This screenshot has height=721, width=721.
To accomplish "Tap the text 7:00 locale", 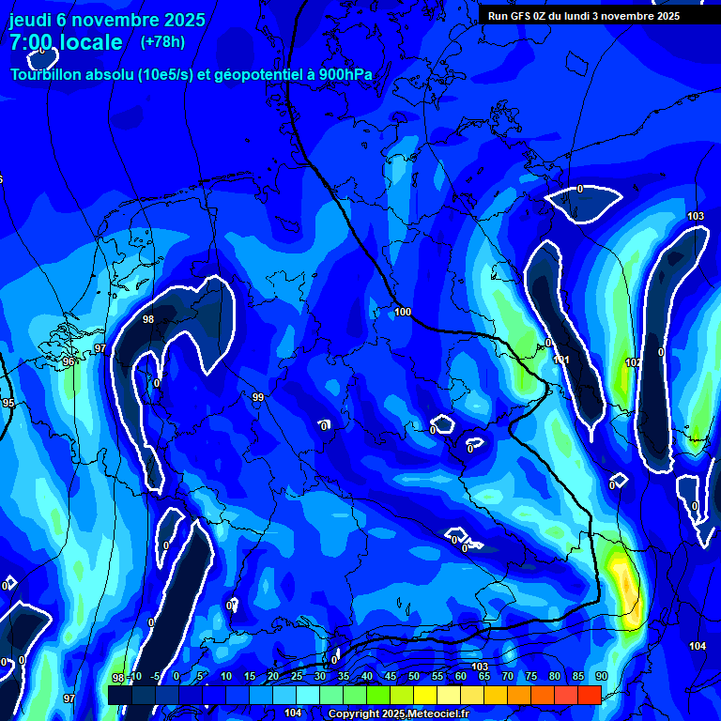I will click(x=66, y=42).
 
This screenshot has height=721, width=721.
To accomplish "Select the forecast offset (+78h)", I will click(x=162, y=42).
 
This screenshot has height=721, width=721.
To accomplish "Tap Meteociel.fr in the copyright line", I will click(x=432, y=714).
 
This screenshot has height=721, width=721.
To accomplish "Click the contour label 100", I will click(x=403, y=312).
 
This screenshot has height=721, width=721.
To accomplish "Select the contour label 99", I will click(x=257, y=398).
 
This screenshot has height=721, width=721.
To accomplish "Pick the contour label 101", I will click(x=561, y=360).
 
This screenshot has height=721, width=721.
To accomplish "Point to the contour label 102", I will click(x=633, y=362).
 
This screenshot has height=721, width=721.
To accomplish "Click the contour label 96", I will click(x=69, y=361).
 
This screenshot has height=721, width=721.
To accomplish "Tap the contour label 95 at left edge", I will click(x=8, y=403).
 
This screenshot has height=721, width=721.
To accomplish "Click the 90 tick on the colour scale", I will click(x=601, y=676).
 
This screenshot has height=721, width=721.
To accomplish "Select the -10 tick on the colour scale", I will click(x=135, y=676).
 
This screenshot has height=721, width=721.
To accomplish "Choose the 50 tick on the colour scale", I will click(x=414, y=676).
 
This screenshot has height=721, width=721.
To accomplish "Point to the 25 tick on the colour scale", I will click(x=297, y=676).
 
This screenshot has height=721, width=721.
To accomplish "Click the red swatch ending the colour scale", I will click(x=589, y=695).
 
